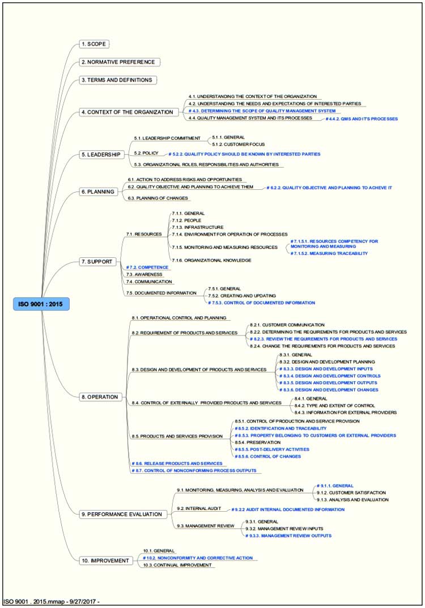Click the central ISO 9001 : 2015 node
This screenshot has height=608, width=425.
click(41, 304)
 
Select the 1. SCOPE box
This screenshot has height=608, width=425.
click(94, 44)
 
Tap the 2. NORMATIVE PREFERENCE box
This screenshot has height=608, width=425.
click(118, 62)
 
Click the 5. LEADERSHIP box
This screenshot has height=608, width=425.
click(101, 155)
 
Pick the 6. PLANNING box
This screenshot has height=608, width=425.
click(98, 192)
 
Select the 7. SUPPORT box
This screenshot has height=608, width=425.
click(97, 262)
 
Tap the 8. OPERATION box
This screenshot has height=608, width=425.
click(100, 397)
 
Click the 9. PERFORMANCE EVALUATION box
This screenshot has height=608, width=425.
click(125, 515)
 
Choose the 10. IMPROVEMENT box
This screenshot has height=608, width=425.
click(105, 561)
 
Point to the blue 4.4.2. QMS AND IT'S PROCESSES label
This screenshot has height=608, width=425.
click(362, 119)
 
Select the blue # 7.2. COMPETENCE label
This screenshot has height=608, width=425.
click(147, 267)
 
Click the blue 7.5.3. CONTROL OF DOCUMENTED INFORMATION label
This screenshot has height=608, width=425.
click(262, 303)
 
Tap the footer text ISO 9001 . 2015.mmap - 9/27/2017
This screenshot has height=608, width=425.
click(52, 601)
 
